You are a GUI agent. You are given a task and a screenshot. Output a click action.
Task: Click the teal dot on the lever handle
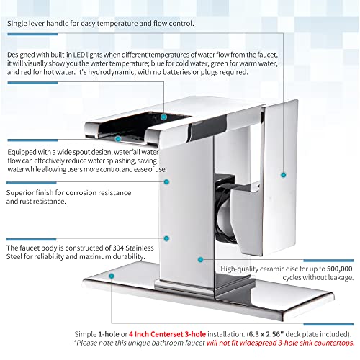(284, 175)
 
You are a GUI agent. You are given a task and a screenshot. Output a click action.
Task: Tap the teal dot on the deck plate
(112, 276)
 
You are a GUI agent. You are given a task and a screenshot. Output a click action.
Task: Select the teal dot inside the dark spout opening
(163, 117)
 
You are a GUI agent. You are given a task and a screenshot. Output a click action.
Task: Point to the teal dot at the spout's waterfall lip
(118, 139)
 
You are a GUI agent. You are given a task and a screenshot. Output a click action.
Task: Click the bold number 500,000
(340, 269)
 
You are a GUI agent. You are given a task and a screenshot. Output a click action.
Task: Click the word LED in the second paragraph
(79, 55)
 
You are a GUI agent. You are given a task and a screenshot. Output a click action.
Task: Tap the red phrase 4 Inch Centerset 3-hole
(167, 334)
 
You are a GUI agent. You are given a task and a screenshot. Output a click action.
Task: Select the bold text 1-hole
(109, 334)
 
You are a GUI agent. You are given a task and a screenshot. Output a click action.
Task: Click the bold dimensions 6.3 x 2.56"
(266, 334)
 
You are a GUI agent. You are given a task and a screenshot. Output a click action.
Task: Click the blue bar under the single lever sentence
(32, 35)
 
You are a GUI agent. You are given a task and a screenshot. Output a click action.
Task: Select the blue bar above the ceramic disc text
(328, 261)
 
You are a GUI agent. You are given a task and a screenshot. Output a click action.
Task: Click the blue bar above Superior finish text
(32, 183)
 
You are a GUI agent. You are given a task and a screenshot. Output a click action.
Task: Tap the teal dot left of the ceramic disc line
(200, 259)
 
